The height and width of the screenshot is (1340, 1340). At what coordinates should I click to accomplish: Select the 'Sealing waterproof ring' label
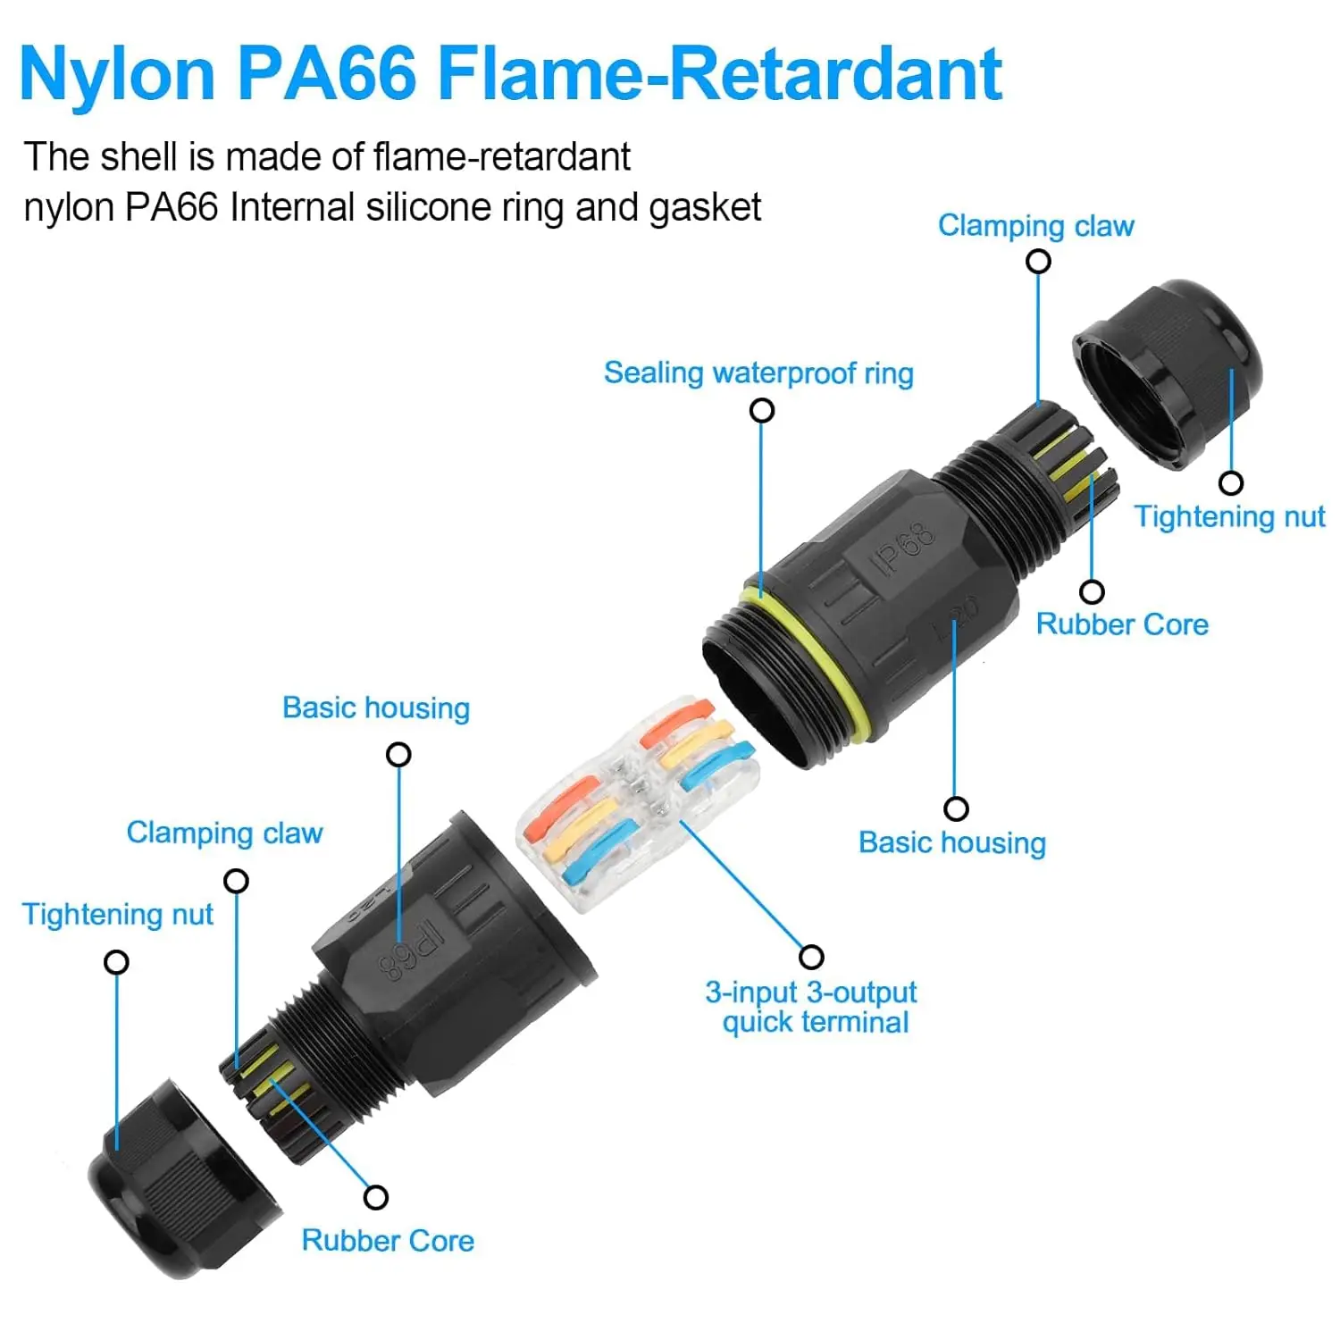click(x=758, y=373)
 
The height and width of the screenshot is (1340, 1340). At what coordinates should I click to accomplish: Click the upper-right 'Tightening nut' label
click(x=1229, y=516)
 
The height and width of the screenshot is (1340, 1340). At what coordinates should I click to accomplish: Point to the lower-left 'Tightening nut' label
click(x=117, y=914)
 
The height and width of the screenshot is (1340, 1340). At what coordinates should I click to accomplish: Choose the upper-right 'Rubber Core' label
click(x=1122, y=624)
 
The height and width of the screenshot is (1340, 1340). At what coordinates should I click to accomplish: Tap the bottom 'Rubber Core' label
click(x=388, y=1240)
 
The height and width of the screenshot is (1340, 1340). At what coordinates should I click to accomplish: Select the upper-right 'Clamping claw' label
click(x=1036, y=226)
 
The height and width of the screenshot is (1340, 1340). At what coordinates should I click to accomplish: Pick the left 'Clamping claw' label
click(x=224, y=833)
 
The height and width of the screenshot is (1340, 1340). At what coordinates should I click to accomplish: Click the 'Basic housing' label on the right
click(x=952, y=842)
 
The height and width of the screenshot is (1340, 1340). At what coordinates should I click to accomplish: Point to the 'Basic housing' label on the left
click(x=376, y=708)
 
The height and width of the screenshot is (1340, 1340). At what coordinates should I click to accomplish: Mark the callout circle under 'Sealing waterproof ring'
click(x=762, y=410)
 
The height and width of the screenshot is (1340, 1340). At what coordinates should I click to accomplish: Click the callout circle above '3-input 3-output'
click(x=811, y=957)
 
